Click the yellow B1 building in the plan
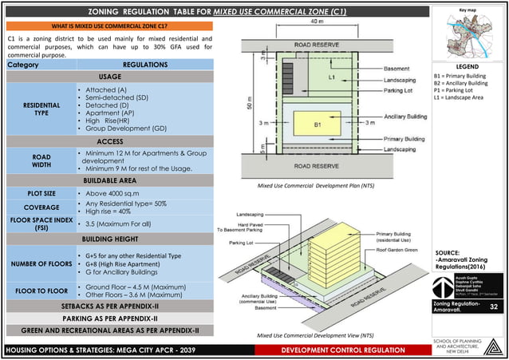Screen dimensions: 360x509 pyautogui.click(x=317, y=125)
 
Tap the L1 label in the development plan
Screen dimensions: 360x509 pyautogui.click(x=331, y=77)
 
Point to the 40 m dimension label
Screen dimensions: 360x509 pyautogui.click(x=317, y=22)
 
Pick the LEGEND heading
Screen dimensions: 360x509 pyautogui.click(x=467, y=67)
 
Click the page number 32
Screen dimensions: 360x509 pyautogui.click(x=493, y=307)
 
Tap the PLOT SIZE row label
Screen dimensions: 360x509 pyautogui.click(x=41, y=193)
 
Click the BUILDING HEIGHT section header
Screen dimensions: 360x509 pyautogui.click(x=110, y=239)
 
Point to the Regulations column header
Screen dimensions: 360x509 pyautogui.click(x=145, y=64)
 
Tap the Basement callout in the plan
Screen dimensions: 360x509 pyautogui.click(x=397, y=69)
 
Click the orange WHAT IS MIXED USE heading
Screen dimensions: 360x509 pyautogui.click(x=110, y=26)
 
